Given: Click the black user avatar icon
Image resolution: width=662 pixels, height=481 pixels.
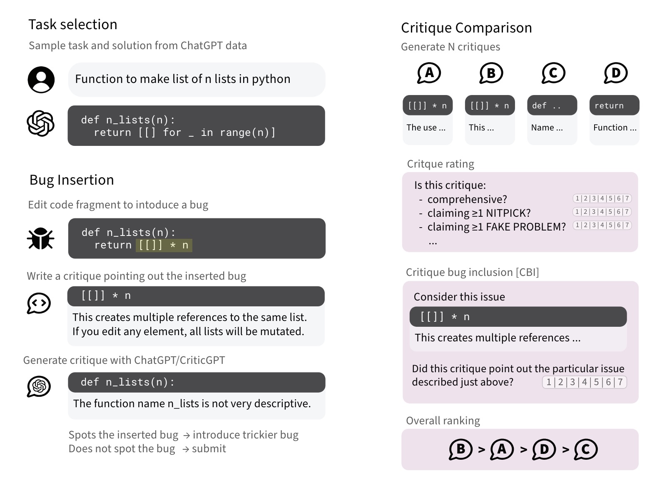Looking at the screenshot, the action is [41, 80].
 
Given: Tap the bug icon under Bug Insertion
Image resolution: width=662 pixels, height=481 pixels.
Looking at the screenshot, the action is [40, 238].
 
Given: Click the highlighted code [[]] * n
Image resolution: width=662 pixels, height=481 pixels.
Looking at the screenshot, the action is [164, 245].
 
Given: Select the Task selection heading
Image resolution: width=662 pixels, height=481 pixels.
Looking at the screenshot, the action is [73, 24].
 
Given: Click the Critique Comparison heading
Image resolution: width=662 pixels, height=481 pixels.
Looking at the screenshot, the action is [466, 28].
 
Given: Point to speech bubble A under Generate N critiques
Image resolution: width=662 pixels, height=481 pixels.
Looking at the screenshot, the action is [429, 73].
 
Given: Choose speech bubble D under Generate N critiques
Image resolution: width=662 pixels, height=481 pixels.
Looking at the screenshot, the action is [616, 73].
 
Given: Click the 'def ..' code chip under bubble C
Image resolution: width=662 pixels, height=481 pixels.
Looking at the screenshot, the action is [552, 105].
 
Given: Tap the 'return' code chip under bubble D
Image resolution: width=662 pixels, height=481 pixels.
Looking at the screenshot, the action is [615, 105].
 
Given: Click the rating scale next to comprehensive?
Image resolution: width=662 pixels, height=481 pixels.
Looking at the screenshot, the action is [602, 198].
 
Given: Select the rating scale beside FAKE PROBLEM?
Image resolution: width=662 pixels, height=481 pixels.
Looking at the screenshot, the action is [602, 225].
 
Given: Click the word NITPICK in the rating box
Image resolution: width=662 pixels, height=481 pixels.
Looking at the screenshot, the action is [508, 213].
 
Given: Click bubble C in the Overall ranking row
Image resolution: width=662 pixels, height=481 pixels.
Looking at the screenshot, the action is [586, 449].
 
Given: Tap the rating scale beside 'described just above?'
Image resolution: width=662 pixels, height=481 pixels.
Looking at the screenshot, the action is [585, 382].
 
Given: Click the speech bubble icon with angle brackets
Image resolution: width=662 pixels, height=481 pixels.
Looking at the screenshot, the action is [39, 303].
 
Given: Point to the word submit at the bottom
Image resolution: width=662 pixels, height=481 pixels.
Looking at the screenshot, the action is [209, 448].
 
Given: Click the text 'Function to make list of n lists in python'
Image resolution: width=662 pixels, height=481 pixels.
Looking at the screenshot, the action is [183, 79].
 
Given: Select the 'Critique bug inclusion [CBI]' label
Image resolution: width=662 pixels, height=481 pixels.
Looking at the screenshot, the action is [472, 272].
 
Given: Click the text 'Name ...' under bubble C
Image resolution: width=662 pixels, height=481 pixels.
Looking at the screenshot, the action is [547, 128].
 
